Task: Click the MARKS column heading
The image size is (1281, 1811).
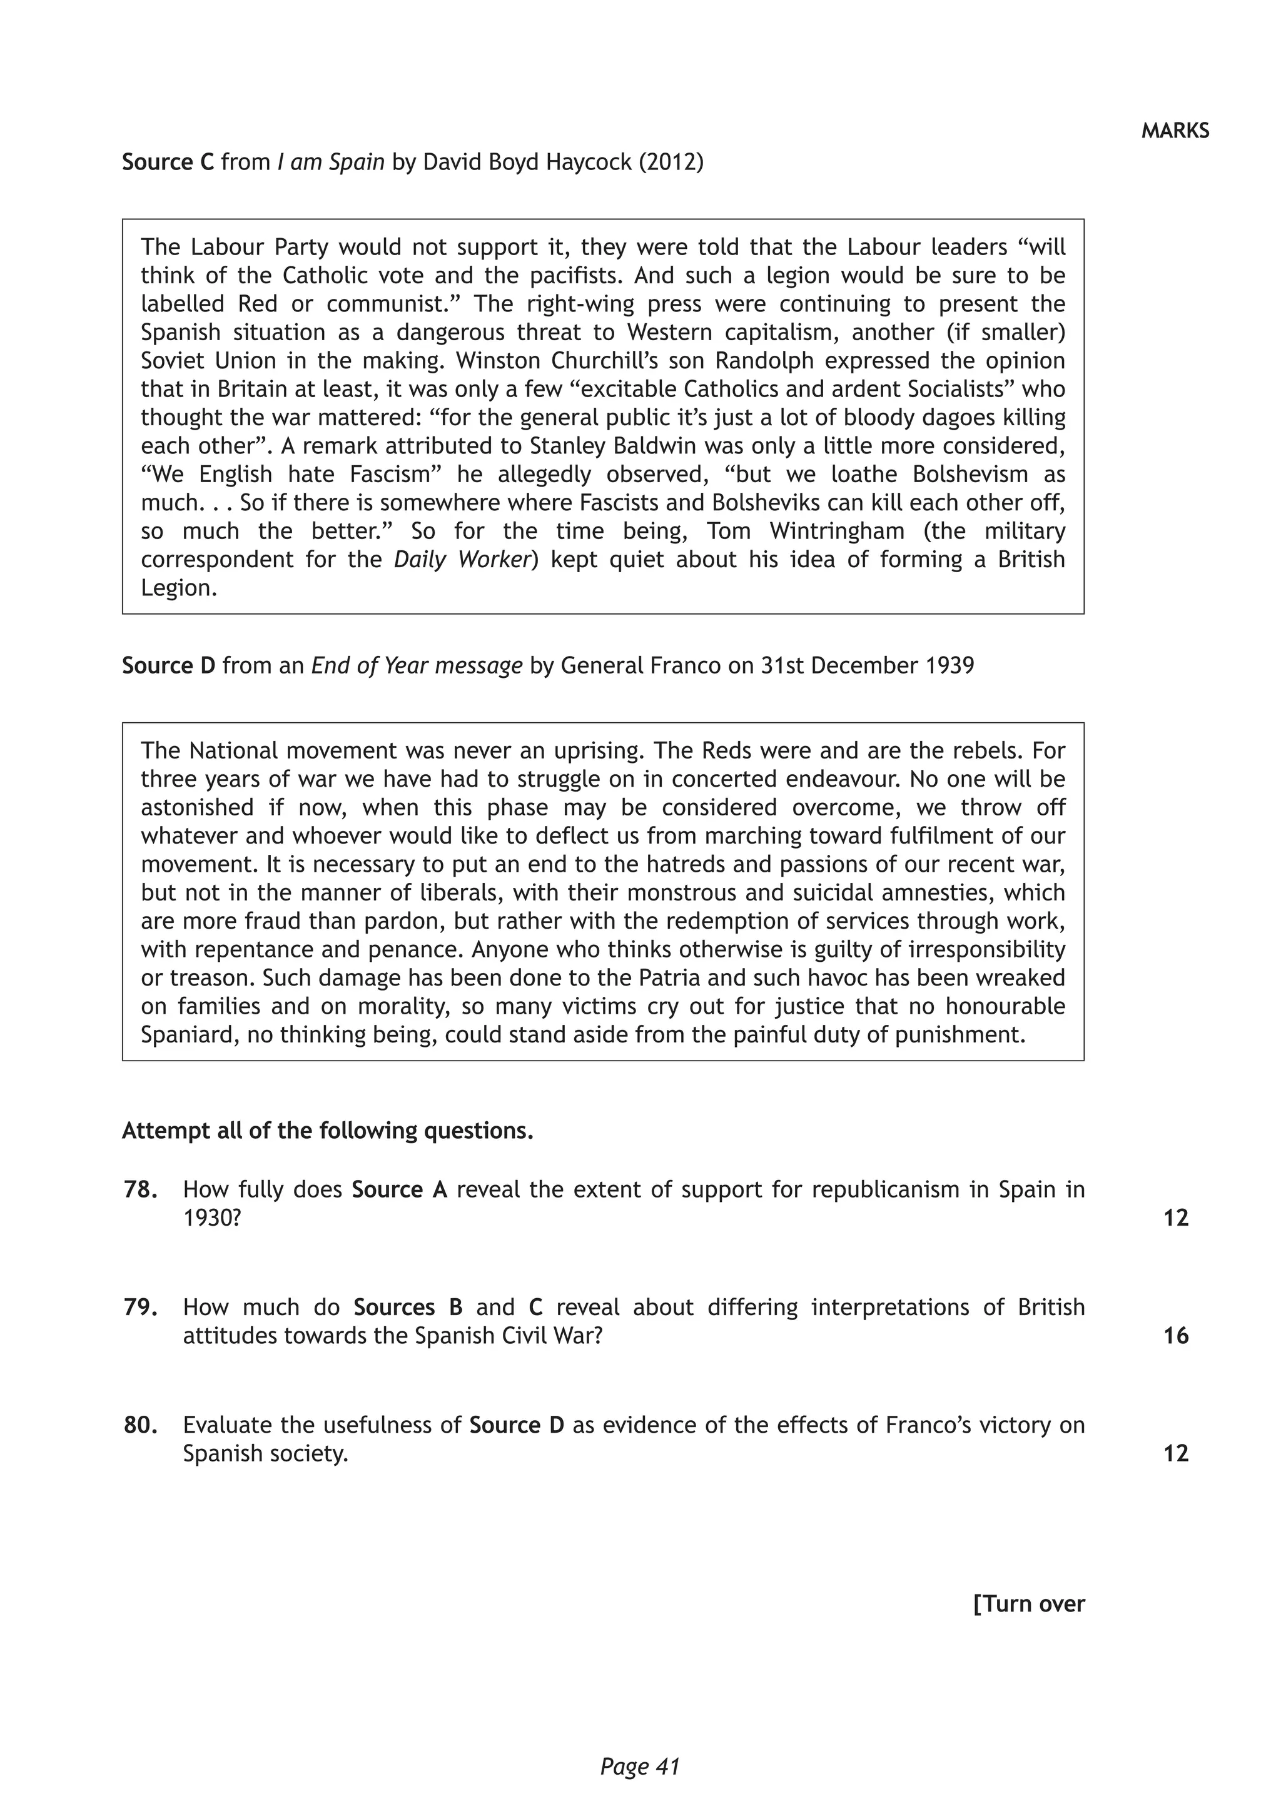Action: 1175,131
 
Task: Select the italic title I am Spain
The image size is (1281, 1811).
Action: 330,163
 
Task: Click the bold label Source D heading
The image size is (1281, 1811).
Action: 168,666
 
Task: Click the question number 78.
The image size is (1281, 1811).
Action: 139,1189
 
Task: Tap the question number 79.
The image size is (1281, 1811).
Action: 139,1307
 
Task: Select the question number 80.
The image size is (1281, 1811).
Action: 139,1425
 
